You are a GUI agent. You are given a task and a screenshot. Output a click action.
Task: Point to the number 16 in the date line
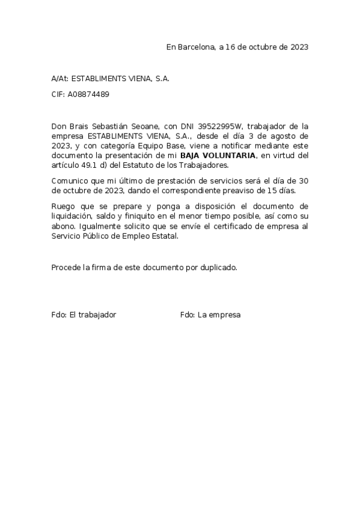(x=231, y=47)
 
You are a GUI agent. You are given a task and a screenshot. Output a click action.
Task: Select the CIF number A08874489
(x=88, y=94)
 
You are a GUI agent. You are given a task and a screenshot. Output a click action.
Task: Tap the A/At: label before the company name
(x=60, y=79)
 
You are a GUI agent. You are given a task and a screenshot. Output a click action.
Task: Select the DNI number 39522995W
(x=221, y=126)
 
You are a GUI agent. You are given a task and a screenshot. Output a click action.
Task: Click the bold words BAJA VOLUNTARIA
(x=221, y=156)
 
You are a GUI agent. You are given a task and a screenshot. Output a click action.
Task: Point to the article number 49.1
(x=87, y=165)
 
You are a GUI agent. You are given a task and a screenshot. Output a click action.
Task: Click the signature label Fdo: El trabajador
(x=84, y=315)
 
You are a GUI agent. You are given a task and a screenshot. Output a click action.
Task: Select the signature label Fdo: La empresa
(x=210, y=315)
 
